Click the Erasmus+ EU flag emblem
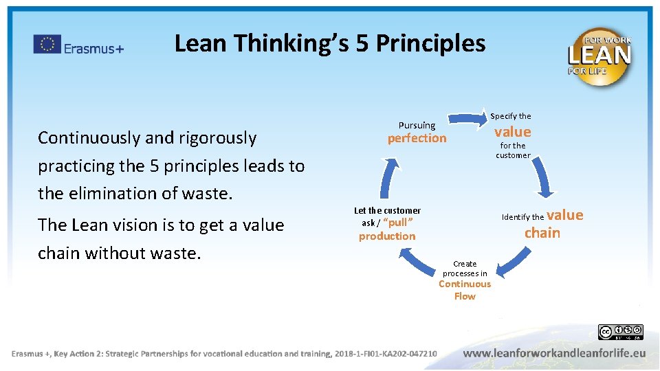pos(47,45)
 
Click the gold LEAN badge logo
pos(599,56)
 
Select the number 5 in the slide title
pos(363,43)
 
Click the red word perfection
pos(417,138)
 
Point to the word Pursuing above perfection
pos(417,125)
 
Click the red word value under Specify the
pos(513,132)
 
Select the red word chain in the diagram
pos(542,233)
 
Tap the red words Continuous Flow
pos(465,290)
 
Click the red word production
pos(387,236)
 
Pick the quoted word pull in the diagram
pos(397,223)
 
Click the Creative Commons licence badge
pos(620,333)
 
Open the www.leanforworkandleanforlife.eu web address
pos(554,353)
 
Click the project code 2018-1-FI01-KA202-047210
pos(386,354)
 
